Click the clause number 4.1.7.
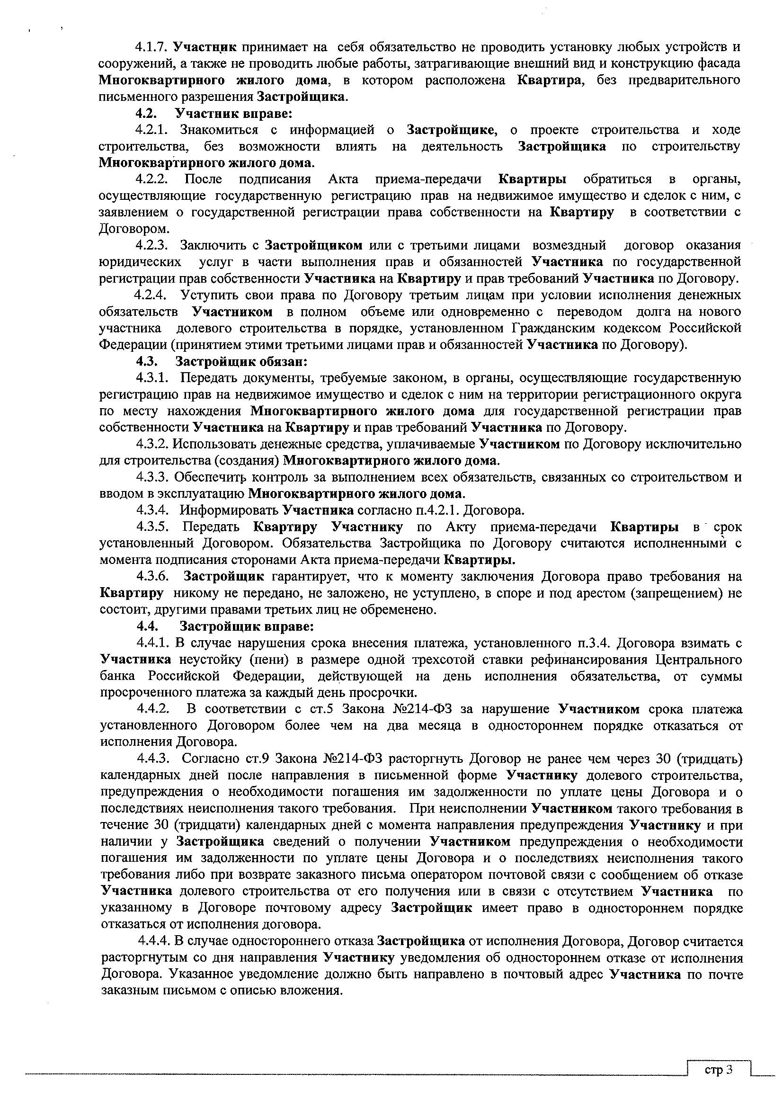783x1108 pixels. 151,47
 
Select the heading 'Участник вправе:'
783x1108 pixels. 234,114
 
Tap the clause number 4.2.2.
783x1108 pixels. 151,179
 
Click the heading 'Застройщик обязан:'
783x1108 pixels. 241,361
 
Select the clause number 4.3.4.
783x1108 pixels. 152,510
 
